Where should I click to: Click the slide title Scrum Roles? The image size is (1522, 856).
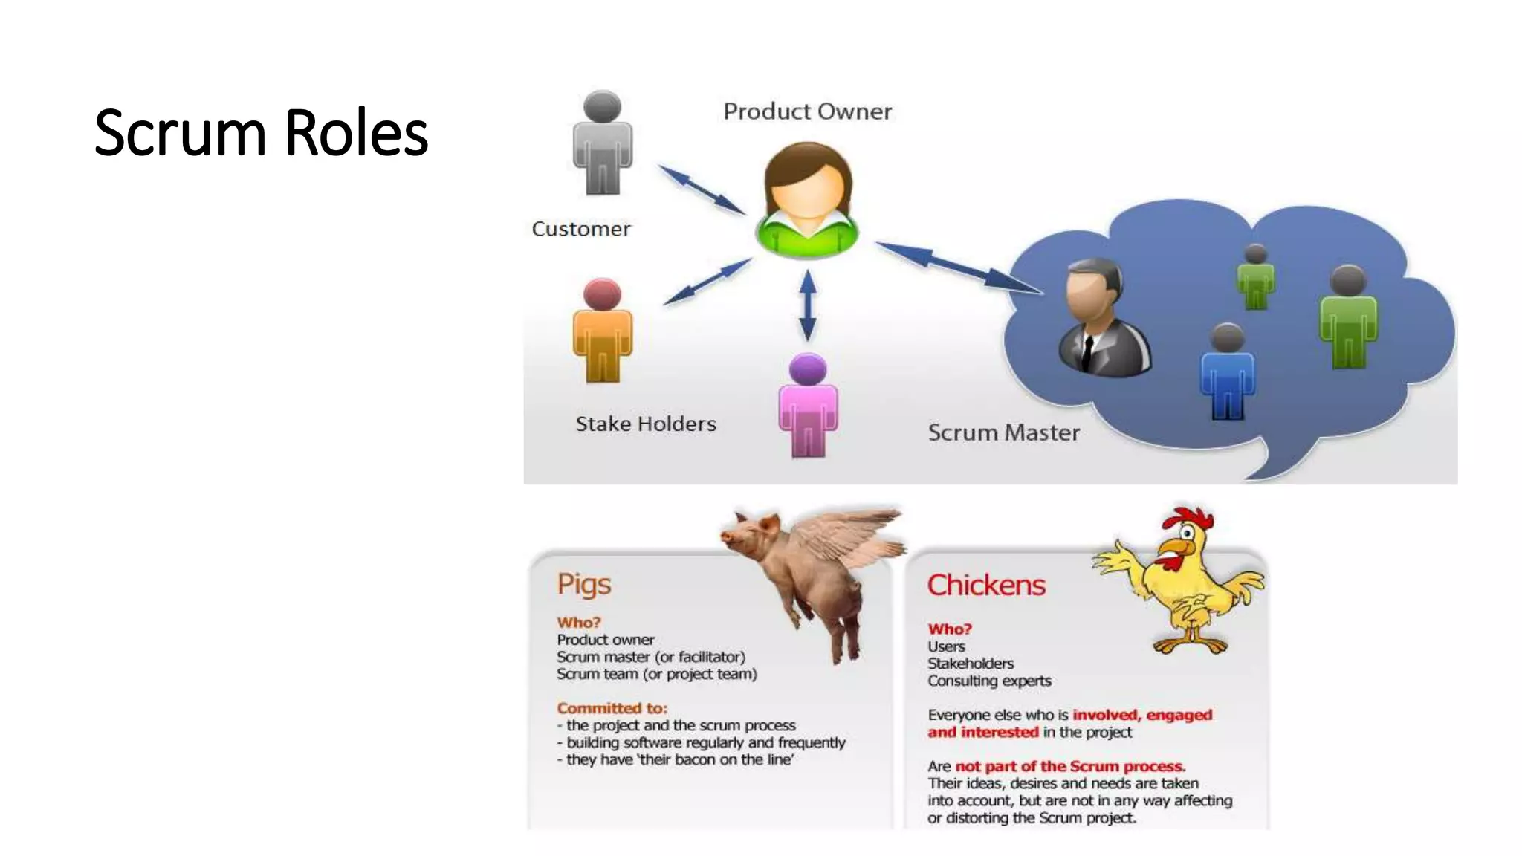pyautogui.click(x=261, y=133)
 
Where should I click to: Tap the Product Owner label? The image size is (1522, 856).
pyautogui.click(x=807, y=111)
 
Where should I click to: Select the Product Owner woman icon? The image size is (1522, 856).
pyautogui.click(x=807, y=201)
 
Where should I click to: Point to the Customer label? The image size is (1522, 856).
pyautogui.click(x=581, y=229)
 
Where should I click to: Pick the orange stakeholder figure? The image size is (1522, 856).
pyautogui.click(x=602, y=331)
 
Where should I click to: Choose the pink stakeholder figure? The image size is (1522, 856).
pyautogui.click(x=808, y=406)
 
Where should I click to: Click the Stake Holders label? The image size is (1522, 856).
pyautogui.click(x=646, y=424)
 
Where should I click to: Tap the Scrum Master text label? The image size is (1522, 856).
pyautogui.click(x=1003, y=432)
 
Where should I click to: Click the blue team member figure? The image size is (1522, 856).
pyautogui.click(x=1227, y=372)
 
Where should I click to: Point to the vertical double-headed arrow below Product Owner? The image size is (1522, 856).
pyautogui.click(x=808, y=305)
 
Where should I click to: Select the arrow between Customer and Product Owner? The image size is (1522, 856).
pyautogui.click(x=702, y=190)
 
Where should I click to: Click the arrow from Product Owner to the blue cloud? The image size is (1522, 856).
pyautogui.click(x=959, y=267)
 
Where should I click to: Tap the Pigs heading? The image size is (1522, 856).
pyautogui.click(x=584, y=585)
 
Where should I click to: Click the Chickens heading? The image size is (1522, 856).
pyautogui.click(x=986, y=586)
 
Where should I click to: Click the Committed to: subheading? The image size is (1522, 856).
pyautogui.click(x=612, y=708)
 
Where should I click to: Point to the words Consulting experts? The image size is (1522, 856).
pyautogui.click(x=989, y=681)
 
